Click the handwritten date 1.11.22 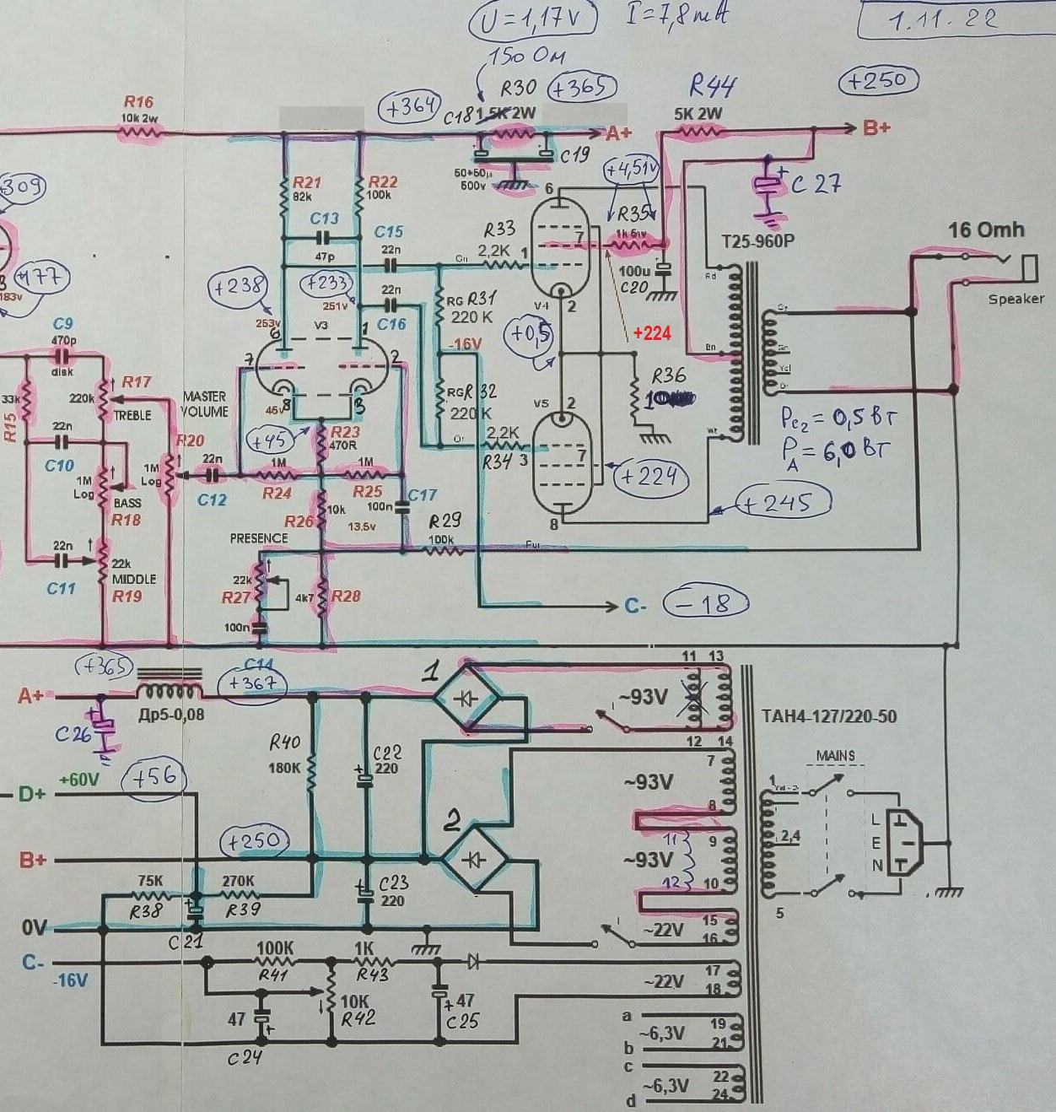942,19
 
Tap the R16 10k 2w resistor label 137,110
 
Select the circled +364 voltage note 409,108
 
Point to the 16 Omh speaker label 985,229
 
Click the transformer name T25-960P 757,241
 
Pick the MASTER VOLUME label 204,404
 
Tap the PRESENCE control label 259,538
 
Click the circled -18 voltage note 707,603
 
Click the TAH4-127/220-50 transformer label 828,717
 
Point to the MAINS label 835,756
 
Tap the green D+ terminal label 32,795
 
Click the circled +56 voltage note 153,778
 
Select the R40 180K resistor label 285,754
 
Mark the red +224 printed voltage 652,333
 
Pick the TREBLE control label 132,415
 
